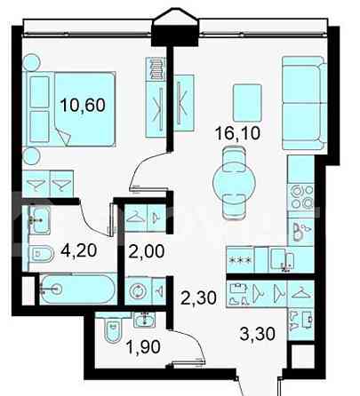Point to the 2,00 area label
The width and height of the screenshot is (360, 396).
(x=144, y=251)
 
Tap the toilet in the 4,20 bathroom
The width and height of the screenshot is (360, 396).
(x=40, y=255)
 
